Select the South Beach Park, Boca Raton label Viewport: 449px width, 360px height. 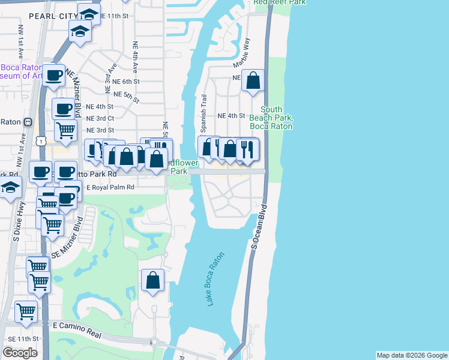coord(271,118)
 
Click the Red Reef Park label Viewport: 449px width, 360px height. coord(279,2)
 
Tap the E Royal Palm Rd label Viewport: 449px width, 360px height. coord(110,187)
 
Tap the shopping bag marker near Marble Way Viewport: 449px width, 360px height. coord(253,80)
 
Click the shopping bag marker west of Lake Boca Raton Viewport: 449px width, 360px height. coord(153,280)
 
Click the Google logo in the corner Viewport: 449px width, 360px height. coord(20,353)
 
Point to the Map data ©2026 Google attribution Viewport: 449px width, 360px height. coord(412,355)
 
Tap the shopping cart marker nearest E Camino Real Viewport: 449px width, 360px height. coord(26,311)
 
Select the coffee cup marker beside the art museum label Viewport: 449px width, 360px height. coord(54,75)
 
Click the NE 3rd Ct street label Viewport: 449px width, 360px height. coord(100,118)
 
